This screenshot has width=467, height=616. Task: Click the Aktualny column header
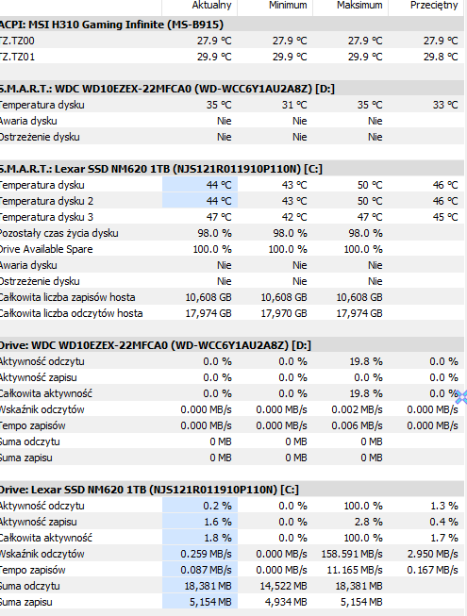click(211, 5)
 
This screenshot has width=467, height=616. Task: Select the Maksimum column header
click(359, 5)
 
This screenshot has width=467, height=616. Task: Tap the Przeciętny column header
click(434, 6)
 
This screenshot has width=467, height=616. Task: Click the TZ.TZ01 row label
click(17, 57)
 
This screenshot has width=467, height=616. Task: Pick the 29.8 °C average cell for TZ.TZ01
click(441, 57)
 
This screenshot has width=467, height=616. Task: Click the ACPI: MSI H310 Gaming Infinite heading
click(111, 25)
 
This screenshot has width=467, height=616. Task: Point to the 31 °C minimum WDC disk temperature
click(294, 105)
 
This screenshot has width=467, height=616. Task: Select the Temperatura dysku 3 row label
click(46, 217)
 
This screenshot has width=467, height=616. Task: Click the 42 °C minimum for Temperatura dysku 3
click(294, 217)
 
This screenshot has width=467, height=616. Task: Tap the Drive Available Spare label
click(46, 249)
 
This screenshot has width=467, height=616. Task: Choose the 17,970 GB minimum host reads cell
click(284, 313)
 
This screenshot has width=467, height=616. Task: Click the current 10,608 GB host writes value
click(208, 297)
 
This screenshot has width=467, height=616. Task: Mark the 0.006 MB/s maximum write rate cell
click(357, 425)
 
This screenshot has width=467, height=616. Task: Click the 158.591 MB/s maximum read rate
click(352, 554)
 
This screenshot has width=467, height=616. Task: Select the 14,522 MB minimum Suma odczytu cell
click(284, 586)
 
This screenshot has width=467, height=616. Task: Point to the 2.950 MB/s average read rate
click(432, 554)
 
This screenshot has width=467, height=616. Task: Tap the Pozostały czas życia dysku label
click(58, 233)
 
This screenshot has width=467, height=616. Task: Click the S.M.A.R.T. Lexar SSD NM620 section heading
click(161, 169)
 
